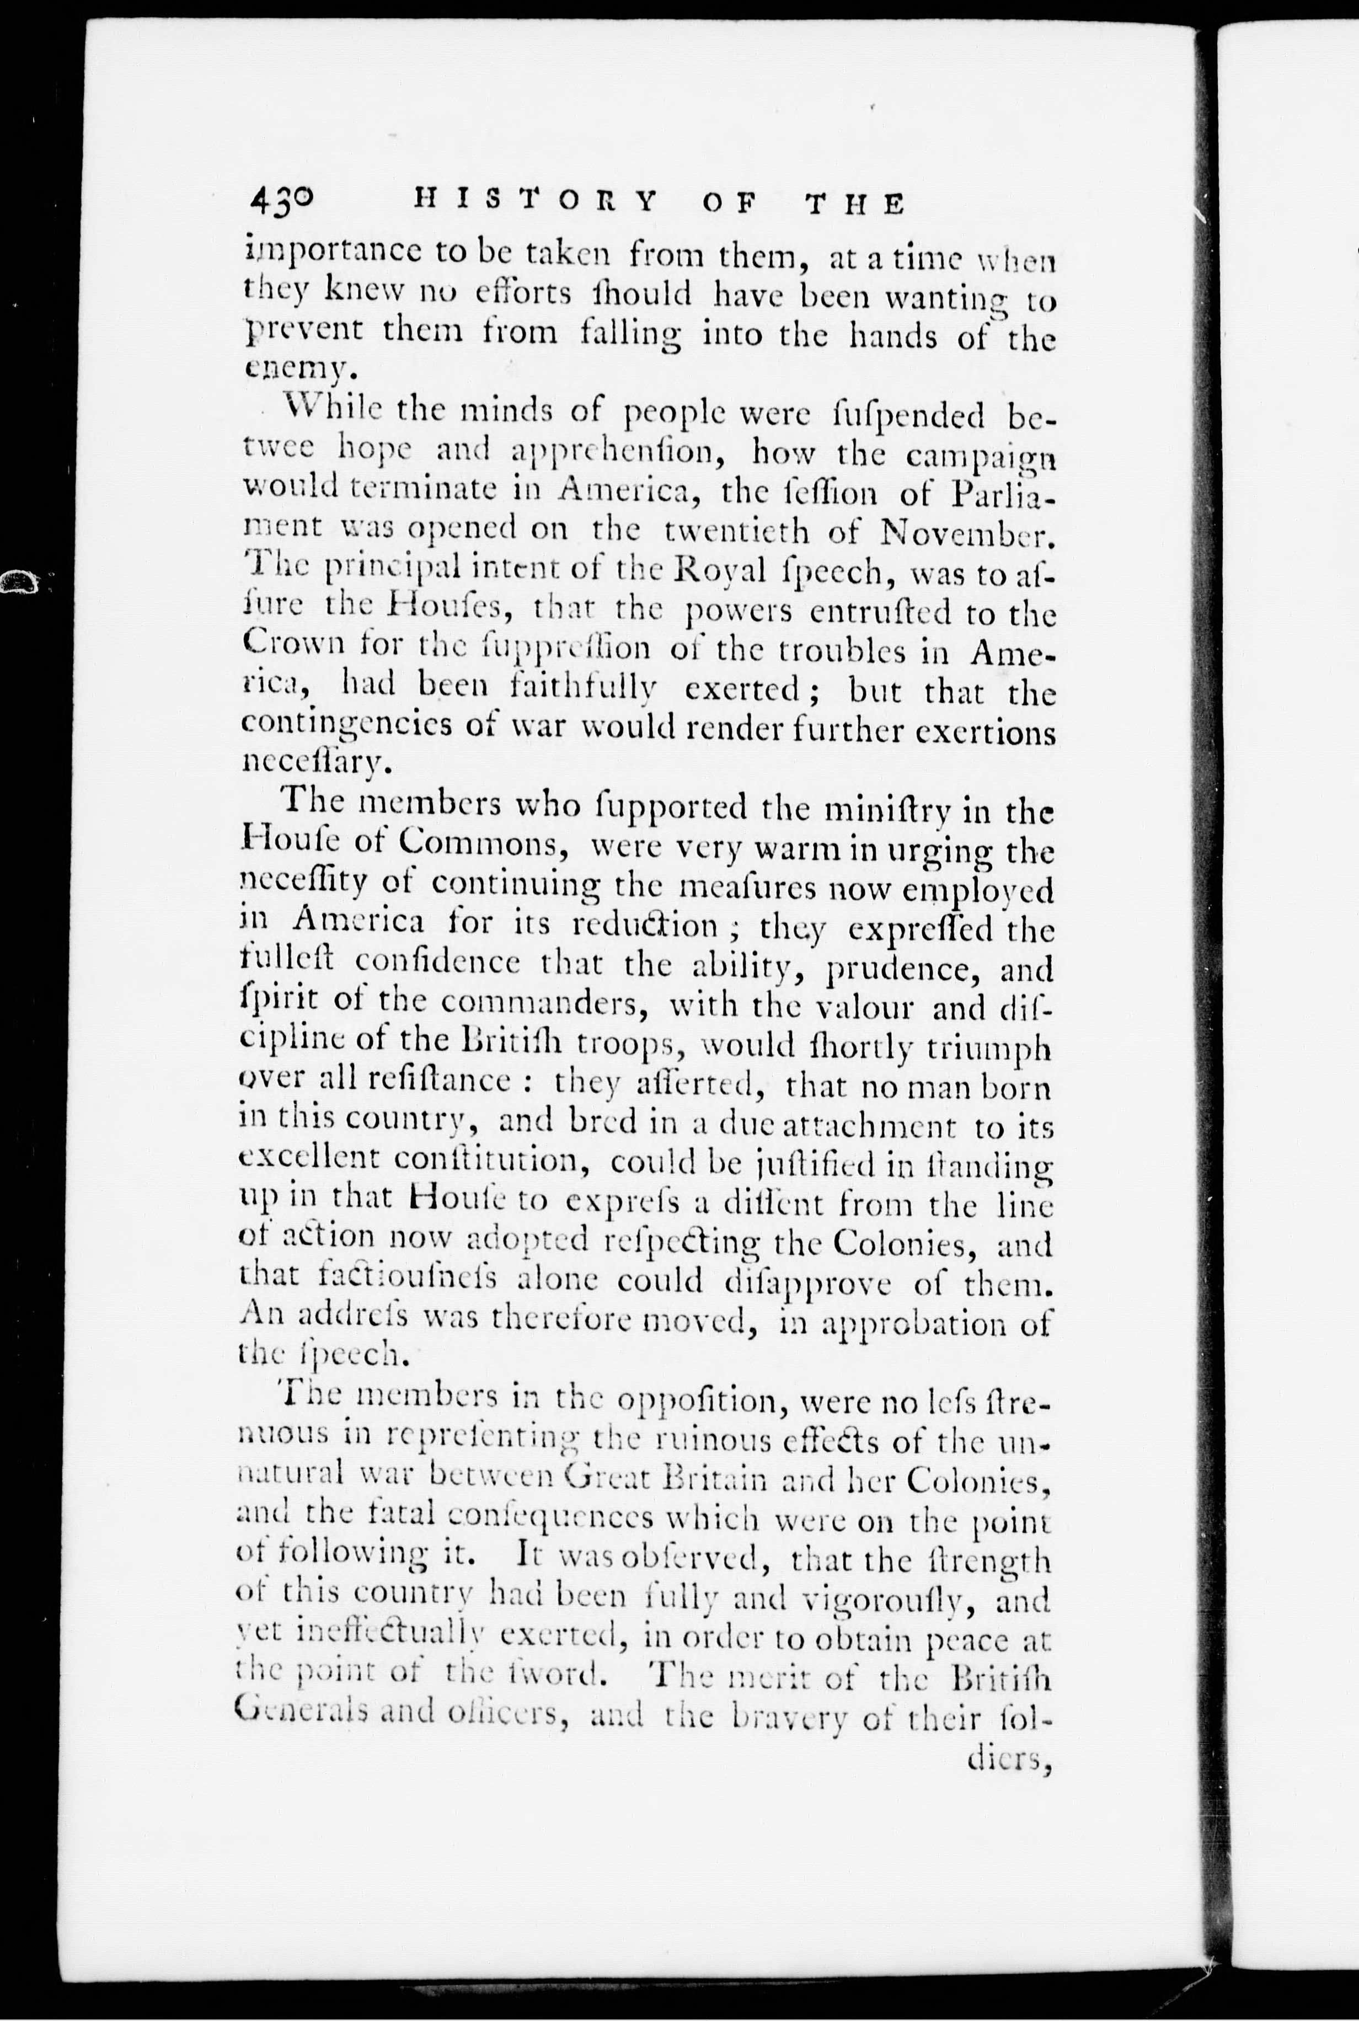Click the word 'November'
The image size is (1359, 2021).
[x=968, y=531]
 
